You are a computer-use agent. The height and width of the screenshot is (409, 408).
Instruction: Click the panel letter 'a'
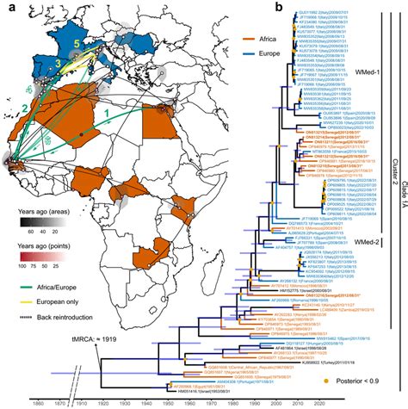(x=8, y=8)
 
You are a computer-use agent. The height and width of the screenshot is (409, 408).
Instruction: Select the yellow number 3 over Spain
(x=58, y=65)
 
